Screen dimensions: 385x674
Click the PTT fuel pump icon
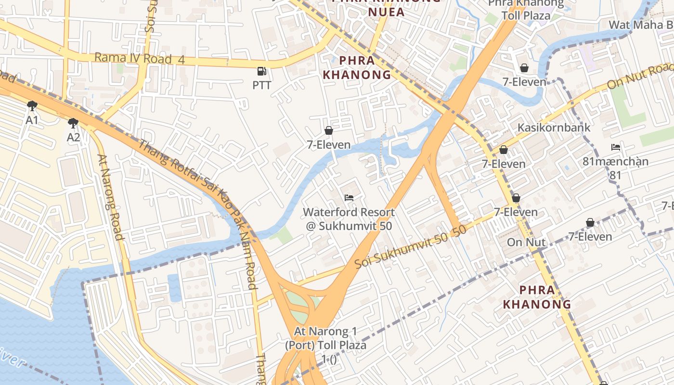point(261,71)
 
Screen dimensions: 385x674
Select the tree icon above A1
point(32,105)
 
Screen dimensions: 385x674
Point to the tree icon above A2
point(73,123)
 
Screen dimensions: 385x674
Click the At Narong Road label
point(110,196)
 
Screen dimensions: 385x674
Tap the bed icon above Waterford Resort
point(349,197)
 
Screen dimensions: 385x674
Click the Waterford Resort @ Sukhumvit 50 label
point(349,219)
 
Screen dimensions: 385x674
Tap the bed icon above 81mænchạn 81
point(615,147)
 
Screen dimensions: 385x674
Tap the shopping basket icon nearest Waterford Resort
point(329,130)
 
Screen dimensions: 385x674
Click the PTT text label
point(262,86)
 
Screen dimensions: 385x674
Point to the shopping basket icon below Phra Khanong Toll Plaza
point(524,68)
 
